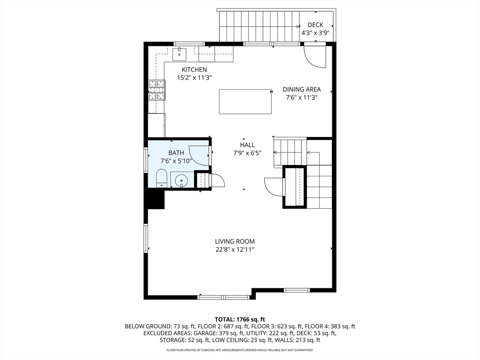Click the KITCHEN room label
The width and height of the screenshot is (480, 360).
pos(194,69)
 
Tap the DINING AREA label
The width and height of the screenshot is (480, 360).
pos(301,90)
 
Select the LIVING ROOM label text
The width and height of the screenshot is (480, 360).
pos(235,241)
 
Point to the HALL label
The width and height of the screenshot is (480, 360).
pos(247,145)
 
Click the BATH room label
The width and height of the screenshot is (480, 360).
pos(176,153)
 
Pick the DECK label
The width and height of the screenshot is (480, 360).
pos(315,25)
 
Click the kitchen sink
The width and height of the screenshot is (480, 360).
pos(179,54)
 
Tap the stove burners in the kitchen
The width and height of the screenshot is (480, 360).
pos(157,90)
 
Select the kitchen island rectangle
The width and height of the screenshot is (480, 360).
pos(245,102)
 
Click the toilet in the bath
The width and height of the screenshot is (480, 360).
pos(161,178)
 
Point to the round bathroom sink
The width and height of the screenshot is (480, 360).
pos(181,181)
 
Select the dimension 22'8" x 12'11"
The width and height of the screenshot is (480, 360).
pos(235,249)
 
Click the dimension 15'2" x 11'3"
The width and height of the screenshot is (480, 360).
pos(195,78)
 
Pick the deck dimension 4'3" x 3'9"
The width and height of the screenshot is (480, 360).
pos(315,33)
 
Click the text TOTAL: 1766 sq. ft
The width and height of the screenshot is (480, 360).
pos(240,320)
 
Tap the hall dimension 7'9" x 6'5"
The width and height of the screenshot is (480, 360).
pos(247,153)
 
